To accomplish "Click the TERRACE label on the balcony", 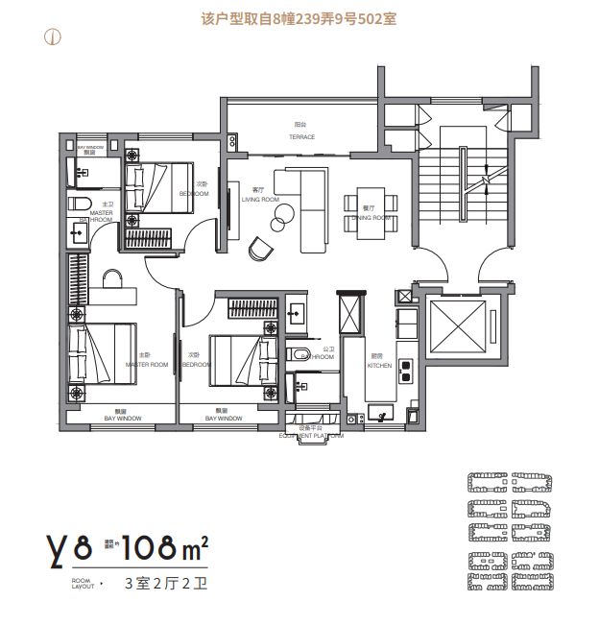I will (301, 137).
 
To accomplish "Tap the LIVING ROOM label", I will (259, 200).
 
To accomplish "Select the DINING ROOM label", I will (369, 218).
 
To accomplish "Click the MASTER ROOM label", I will (146, 365).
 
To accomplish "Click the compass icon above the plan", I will (54, 38).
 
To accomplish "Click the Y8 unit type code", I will (69, 549).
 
